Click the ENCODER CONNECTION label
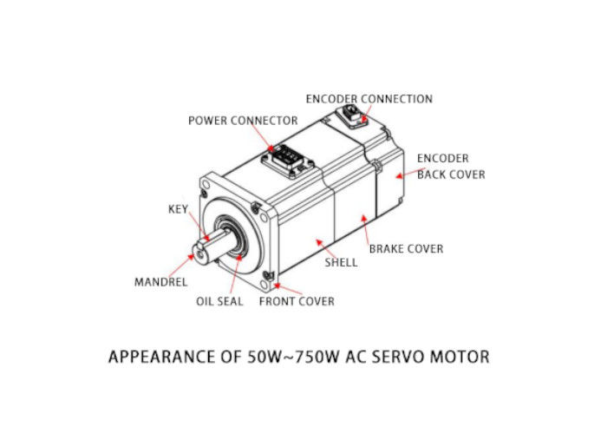(369, 99)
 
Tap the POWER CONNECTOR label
(243, 121)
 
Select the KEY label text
(178, 209)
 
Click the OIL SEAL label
(219, 301)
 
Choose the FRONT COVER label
(297, 301)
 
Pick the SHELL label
(341, 261)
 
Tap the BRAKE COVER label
(406, 248)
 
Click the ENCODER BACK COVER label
(450, 167)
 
